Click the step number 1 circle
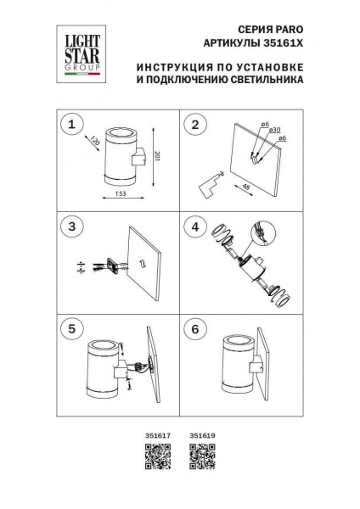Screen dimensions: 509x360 (x=74, y=125)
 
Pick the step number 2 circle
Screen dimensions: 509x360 (x=197, y=125)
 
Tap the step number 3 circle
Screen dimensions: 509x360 (x=74, y=227)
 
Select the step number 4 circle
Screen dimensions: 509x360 (x=197, y=227)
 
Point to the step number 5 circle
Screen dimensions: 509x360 (x=74, y=328)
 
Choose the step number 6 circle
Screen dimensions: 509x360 (x=197, y=328)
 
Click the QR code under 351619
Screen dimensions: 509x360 (x=200, y=459)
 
